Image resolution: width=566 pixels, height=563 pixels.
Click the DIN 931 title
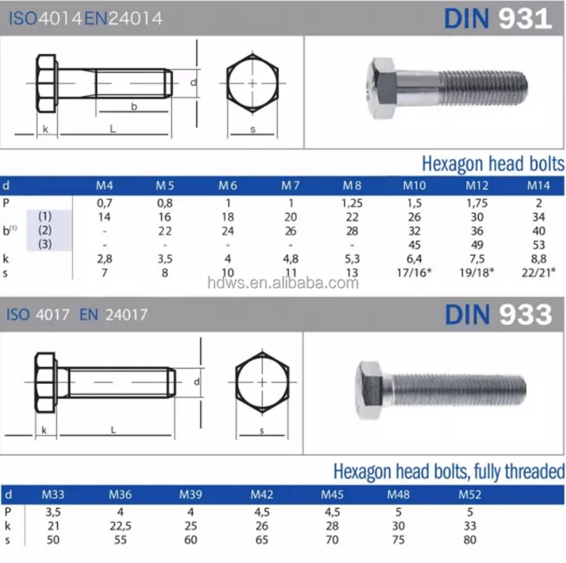point(497,19)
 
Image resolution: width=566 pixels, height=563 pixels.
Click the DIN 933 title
point(497,314)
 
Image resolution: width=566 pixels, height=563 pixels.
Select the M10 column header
point(414,186)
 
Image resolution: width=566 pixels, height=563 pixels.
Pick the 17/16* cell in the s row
point(414,272)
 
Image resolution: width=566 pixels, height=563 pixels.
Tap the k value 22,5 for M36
point(120,526)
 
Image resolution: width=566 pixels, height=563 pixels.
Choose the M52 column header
point(470,495)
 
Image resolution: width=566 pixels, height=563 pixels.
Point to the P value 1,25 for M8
point(352,202)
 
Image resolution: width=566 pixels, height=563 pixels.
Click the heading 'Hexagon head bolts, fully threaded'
point(448,472)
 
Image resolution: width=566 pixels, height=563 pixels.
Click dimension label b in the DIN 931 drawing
point(134,107)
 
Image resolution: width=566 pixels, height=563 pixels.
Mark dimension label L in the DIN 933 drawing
point(113,430)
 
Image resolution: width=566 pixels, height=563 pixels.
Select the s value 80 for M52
point(470,540)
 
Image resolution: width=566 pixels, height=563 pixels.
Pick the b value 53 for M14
point(539,245)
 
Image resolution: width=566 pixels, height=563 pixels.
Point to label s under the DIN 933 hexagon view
point(262,430)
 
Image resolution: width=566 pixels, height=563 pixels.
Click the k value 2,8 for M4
point(104,260)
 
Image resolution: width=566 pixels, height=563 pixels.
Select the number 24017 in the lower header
point(127,315)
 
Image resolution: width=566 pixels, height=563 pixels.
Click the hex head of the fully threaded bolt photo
point(372,386)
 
